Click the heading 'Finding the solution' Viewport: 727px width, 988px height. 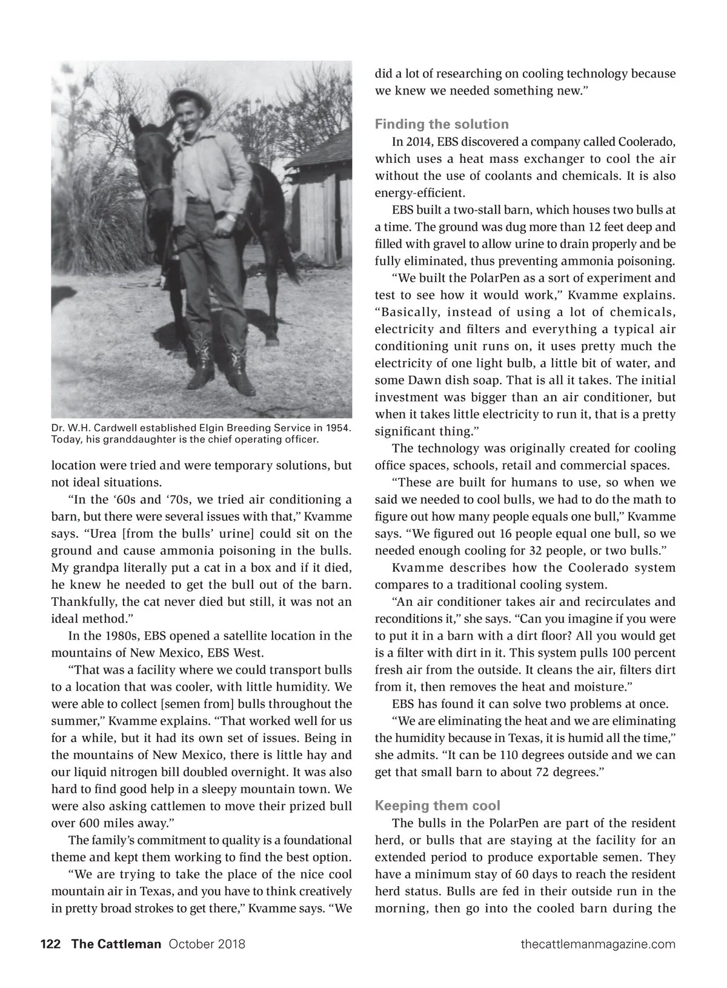point(442,124)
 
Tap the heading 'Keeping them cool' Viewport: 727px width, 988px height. point(437,806)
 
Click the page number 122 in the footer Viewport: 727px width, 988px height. point(50,944)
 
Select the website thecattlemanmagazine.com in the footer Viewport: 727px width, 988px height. point(597,944)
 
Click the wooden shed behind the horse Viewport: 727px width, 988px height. point(321,200)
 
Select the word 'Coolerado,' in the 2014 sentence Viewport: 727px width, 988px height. point(646,142)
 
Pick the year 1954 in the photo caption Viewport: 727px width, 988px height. point(338,428)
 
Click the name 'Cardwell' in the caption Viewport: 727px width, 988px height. point(113,428)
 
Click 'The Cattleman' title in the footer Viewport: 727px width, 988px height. point(116,944)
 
